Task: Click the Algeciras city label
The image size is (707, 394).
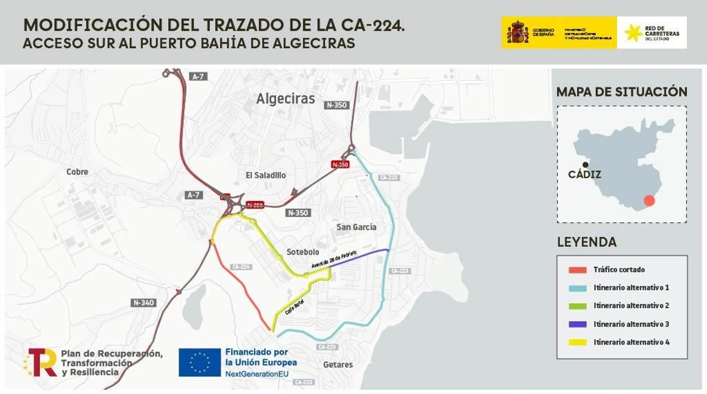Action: [x=285, y=99]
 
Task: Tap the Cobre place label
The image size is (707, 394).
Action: [x=77, y=172]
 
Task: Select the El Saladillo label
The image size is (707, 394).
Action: [x=266, y=175]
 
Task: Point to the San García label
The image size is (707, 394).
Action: [x=356, y=227]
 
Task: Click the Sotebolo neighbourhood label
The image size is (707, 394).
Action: [x=303, y=252]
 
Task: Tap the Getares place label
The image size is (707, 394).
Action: [x=338, y=364]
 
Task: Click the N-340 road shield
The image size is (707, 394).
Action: [x=144, y=302]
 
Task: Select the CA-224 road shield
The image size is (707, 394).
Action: [x=241, y=267]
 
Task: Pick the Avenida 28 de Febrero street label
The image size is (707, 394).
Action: [x=334, y=259]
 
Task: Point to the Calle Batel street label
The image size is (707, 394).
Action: [x=294, y=307]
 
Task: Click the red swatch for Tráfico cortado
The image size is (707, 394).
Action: [x=577, y=270]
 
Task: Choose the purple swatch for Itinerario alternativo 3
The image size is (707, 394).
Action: [x=577, y=324]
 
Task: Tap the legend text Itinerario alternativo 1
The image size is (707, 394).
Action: [x=631, y=287]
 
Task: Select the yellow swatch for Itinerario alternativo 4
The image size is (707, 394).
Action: [x=577, y=342]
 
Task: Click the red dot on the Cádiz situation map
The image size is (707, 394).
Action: [x=649, y=200]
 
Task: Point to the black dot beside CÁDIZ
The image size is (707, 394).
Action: [x=585, y=165]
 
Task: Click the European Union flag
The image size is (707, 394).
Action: [x=200, y=362]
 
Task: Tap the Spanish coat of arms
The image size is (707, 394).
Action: [x=518, y=32]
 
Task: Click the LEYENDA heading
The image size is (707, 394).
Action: [x=587, y=242]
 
